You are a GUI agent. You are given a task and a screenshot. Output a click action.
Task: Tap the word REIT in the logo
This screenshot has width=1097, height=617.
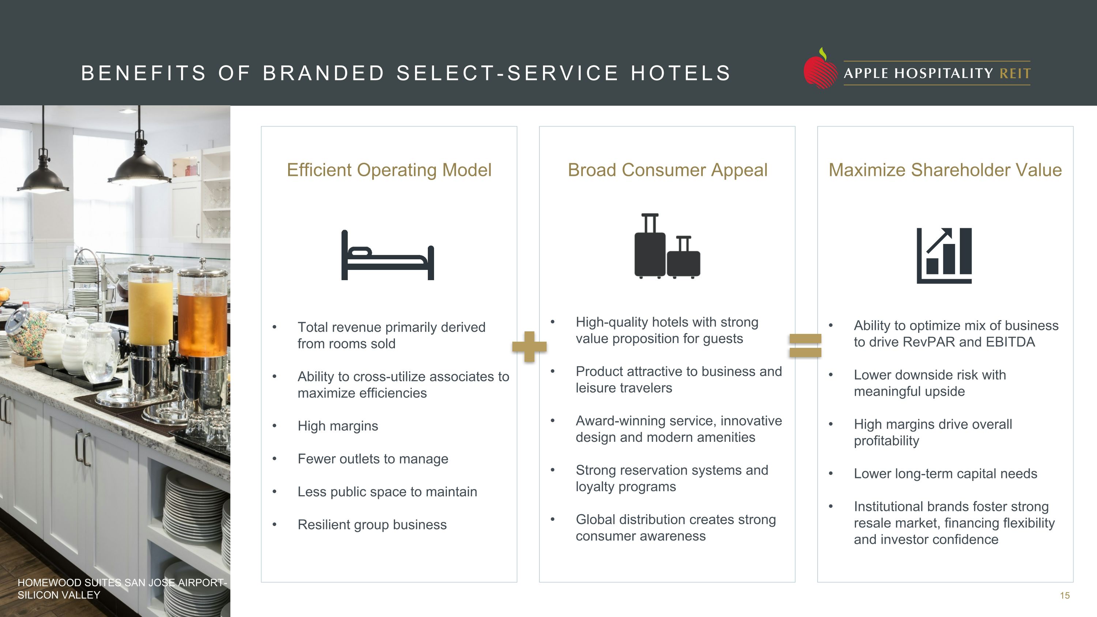coord(1015,74)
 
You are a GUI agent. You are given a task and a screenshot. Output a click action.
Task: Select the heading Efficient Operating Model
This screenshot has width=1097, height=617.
coord(389,170)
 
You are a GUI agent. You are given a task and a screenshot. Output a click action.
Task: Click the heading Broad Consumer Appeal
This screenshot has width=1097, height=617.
coord(667,170)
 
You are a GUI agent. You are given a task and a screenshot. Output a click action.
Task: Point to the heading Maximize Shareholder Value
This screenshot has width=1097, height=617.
coord(945,170)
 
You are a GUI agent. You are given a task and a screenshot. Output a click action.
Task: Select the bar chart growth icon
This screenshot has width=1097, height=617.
coord(944,256)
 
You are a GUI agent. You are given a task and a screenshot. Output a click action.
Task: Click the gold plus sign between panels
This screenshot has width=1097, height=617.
coord(529,347)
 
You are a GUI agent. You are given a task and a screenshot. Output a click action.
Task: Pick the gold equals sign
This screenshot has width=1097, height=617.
coord(805,345)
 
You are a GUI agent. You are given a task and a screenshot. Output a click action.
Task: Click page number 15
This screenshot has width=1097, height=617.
coord(1064,596)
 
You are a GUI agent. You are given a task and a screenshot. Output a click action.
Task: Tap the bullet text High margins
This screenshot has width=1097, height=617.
coord(338,426)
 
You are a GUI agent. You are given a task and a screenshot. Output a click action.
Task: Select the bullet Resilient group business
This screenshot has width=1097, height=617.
coord(372,524)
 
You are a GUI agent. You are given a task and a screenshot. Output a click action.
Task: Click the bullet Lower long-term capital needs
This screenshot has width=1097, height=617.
coord(945,474)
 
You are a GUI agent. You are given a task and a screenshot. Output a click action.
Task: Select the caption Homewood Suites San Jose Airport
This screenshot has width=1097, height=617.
coord(122,588)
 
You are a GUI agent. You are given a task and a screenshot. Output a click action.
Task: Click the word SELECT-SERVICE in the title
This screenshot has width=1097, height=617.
coord(507,73)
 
